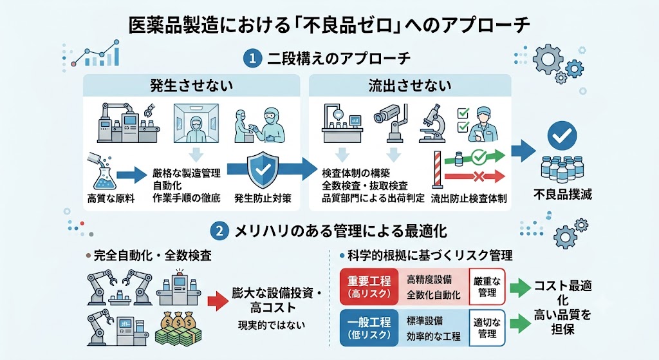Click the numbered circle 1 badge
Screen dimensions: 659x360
(x=252, y=59)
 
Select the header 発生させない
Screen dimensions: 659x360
(x=192, y=86)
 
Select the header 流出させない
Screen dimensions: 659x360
(x=410, y=86)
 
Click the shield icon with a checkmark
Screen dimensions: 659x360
(x=263, y=169)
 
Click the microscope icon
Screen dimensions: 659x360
(x=432, y=123)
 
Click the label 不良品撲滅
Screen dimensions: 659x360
(x=562, y=194)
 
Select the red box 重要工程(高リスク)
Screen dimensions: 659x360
(x=369, y=287)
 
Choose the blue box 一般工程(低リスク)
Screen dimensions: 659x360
(x=369, y=328)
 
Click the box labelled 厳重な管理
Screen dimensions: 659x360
(x=487, y=287)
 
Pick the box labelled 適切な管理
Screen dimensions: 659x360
(x=487, y=328)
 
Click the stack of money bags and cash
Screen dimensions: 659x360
(x=179, y=328)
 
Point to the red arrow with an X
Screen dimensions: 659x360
(x=474, y=176)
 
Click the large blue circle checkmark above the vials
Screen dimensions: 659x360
(x=562, y=135)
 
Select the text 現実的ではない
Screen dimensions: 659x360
(x=272, y=325)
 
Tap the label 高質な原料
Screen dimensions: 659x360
(x=111, y=198)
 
